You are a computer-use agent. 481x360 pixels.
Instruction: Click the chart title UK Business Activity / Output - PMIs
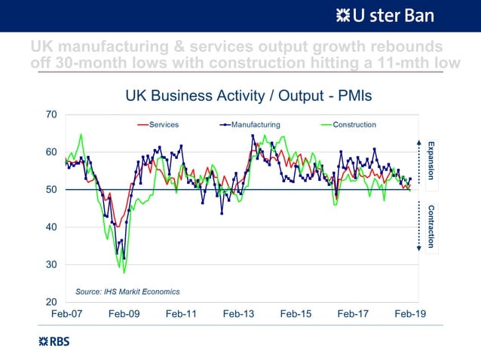248,96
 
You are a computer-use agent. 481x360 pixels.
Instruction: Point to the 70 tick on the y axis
51,114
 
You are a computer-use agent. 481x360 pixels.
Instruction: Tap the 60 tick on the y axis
51,152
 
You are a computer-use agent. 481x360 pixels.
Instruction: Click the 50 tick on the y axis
51,190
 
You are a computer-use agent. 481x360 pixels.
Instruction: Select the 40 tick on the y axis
51,227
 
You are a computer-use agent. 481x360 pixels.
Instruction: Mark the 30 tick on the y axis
51,265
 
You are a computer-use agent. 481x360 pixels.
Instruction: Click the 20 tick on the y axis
51,302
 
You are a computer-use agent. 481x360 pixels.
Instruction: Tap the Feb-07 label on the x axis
66,315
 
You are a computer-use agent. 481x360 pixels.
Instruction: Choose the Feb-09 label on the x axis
124,315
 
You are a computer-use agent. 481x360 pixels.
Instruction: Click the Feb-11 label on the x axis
181,315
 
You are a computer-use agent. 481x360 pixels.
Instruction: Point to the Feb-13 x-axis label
238,315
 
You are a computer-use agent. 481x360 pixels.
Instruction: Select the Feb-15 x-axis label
296,315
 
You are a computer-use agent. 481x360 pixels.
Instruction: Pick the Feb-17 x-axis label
353,315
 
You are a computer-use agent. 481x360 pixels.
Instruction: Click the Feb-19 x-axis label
410,315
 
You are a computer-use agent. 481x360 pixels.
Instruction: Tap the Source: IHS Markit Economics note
127,291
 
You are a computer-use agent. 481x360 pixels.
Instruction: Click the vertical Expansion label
431,159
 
